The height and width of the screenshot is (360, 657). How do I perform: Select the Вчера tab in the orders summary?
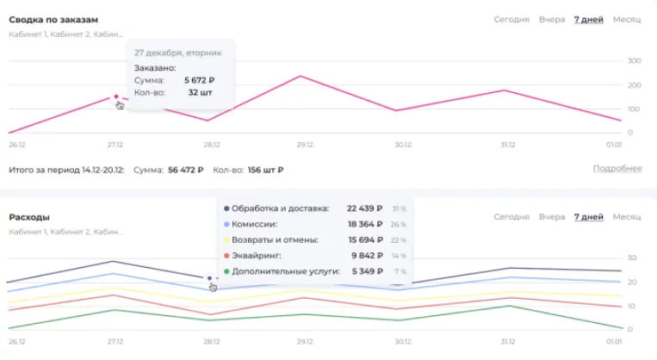tap(552, 19)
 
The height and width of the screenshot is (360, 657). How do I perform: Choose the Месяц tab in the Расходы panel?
tap(627, 217)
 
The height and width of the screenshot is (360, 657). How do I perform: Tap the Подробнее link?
tap(617, 168)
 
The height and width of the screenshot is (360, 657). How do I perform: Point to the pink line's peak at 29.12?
tap(301, 77)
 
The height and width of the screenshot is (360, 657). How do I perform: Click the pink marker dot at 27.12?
tap(116, 96)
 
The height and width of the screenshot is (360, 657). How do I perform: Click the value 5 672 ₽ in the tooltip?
tap(199, 80)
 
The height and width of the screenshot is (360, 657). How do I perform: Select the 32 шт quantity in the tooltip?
tap(200, 92)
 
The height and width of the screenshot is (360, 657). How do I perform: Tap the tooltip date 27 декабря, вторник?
tap(178, 53)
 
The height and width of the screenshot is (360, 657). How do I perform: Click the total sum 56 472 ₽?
tap(186, 170)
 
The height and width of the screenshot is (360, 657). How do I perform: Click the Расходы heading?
tap(29, 217)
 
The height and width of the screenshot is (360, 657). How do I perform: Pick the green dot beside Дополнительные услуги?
tap(226, 271)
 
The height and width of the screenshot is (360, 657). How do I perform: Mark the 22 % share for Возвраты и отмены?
tap(400, 240)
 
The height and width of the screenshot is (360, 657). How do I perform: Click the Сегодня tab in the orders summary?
tap(511, 19)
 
